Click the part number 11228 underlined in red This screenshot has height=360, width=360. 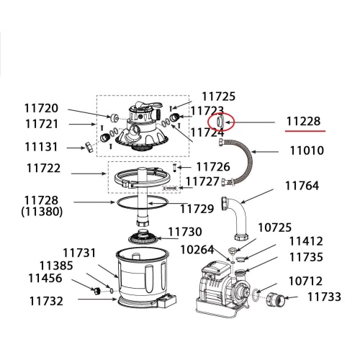click(303, 122)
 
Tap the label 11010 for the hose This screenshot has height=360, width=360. click(307, 150)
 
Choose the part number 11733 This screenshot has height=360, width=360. click(324, 297)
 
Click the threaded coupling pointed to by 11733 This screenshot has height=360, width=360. click(276, 300)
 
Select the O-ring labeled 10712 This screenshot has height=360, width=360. click(256, 294)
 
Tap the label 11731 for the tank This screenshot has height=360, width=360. click(79, 253)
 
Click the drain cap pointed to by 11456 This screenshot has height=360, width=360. click(96, 291)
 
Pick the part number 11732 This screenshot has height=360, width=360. click(46, 301)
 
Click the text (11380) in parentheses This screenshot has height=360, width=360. click(42, 212)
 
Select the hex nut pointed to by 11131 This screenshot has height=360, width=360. click(89, 147)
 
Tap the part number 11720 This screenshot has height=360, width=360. click(41, 108)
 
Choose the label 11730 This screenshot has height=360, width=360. click(185, 232)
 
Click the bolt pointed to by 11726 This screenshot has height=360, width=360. click(174, 167)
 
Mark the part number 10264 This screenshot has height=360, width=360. click(197, 250)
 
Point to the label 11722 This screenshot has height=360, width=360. click(43, 168)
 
